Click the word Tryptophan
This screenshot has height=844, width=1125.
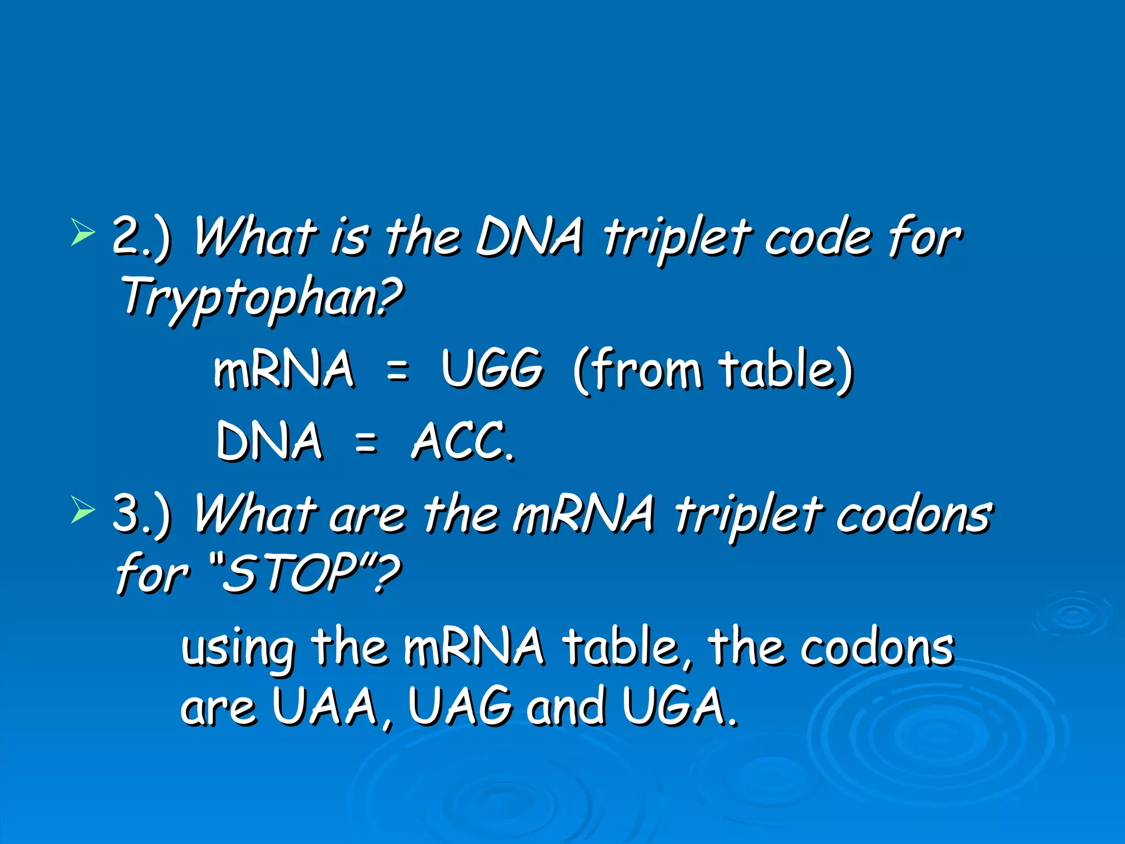click(x=261, y=298)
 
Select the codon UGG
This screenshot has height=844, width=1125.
click(x=492, y=369)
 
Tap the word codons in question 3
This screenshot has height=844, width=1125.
click(x=914, y=515)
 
